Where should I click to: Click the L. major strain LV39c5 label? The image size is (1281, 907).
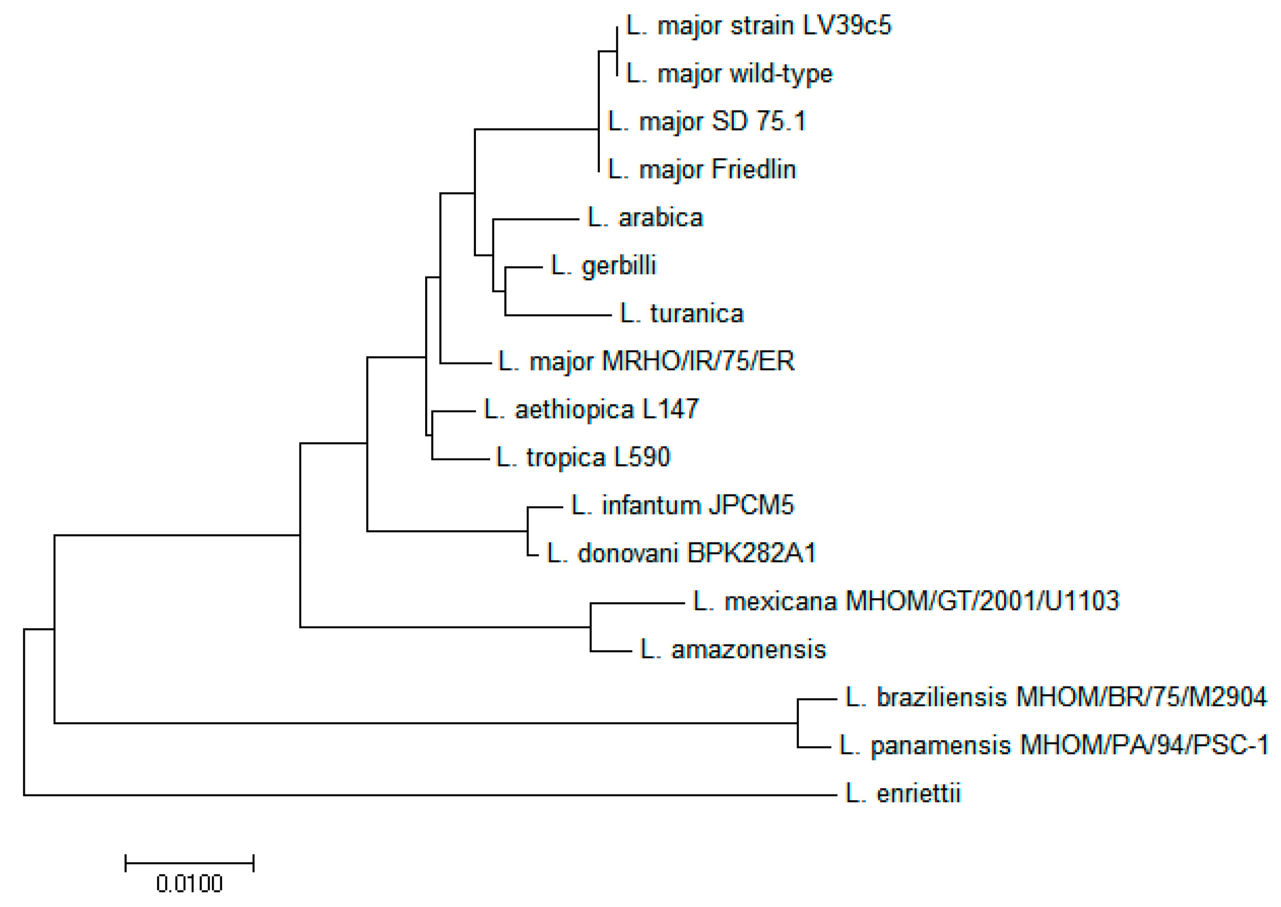pos(758,26)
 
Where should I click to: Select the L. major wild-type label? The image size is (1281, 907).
pos(729,74)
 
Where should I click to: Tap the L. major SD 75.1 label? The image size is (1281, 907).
pos(707,122)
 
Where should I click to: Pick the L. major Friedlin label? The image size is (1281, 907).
pos(702,170)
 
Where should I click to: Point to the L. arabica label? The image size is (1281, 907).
pos(645,218)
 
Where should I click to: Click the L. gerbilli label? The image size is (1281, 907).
pos(603,266)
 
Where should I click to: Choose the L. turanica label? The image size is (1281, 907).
pos(682,314)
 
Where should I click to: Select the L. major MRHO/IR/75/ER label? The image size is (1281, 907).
pos(646,361)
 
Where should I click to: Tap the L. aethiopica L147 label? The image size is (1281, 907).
pos(591,409)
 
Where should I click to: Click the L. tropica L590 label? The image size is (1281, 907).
pos(583,457)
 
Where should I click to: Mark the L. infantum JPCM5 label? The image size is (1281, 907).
pos(682,506)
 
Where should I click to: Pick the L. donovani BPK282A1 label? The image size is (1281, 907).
pos(681,554)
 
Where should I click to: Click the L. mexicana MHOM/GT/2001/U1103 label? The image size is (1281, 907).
pos(906,601)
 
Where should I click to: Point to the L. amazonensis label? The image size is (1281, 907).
pos(733,650)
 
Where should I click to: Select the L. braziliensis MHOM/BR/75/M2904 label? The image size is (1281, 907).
pos(1055,697)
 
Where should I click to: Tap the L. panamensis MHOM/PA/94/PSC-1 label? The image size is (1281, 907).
pos(1053,745)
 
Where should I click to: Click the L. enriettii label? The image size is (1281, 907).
pos(902,793)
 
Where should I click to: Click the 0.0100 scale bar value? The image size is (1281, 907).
pos(189,884)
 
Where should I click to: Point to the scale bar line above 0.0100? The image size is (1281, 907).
pos(189,863)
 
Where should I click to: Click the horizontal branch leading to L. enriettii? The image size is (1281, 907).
pos(430,795)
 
